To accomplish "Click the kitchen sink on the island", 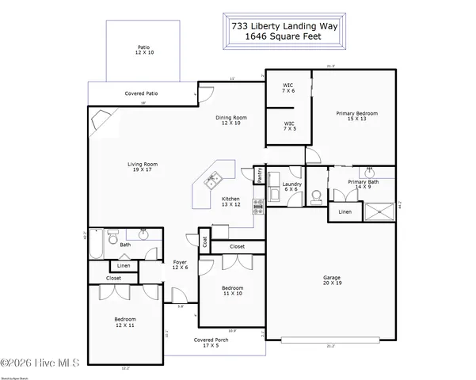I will click(211, 181).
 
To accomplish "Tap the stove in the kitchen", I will click(258, 207).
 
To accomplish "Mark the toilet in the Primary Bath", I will click(317, 195).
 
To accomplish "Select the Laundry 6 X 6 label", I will click(291, 187).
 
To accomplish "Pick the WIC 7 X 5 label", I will click(289, 126).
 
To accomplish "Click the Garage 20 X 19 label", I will click(332, 280).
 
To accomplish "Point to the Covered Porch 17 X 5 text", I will click(211, 342).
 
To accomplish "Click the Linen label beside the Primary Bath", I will click(345, 212).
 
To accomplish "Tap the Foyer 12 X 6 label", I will click(181, 264).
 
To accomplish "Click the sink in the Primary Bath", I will click(369, 171).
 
